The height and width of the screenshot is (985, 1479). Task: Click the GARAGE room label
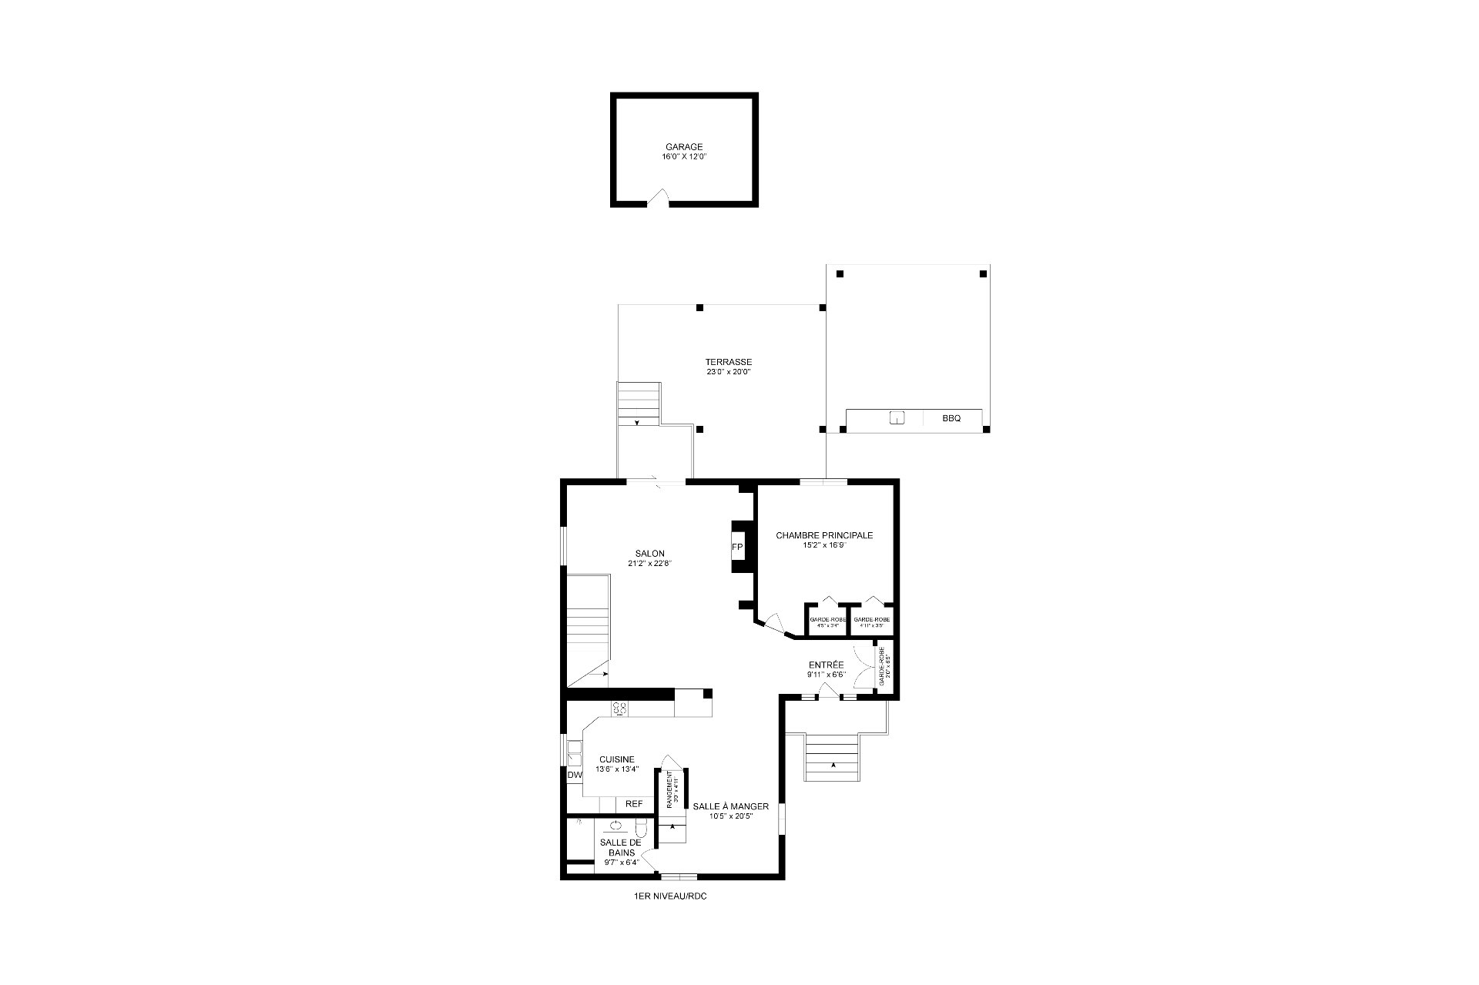tap(684, 147)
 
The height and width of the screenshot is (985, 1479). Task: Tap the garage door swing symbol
tap(657, 199)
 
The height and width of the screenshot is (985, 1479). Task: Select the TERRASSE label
tap(728, 362)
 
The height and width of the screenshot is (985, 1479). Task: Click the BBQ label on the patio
tap(951, 419)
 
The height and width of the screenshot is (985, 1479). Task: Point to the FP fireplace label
tap(737, 548)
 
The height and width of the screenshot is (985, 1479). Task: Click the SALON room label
tap(649, 554)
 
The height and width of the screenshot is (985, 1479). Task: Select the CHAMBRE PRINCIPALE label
tap(824, 535)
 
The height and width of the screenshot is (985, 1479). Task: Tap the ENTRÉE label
tap(826, 665)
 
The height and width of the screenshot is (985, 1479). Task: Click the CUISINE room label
tap(617, 759)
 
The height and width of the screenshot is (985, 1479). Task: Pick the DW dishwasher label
tap(575, 776)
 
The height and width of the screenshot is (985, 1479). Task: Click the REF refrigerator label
tap(634, 804)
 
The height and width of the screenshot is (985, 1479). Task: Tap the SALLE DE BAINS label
tap(620, 847)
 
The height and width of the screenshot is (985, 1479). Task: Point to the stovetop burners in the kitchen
tap(619, 709)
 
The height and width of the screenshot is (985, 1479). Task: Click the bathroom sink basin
tap(616, 826)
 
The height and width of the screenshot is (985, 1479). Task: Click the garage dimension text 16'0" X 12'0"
tap(684, 157)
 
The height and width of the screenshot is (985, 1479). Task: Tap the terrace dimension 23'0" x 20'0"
tap(728, 372)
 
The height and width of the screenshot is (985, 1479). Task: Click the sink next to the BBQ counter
tap(897, 418)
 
